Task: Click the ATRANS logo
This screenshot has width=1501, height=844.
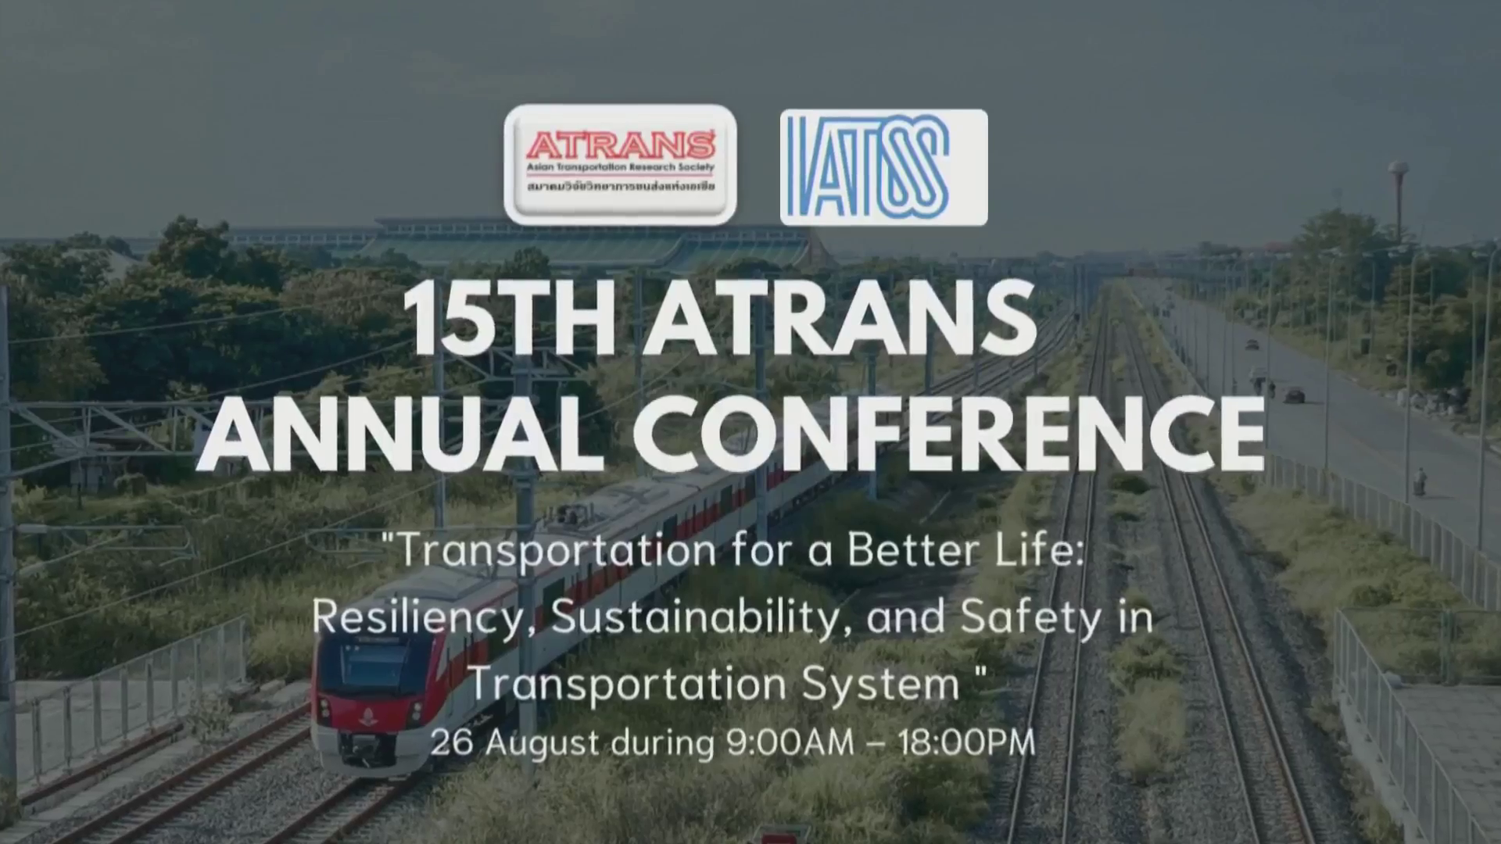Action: [x=620, y=165]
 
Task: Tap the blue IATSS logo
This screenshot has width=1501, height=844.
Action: [x=883, y=167]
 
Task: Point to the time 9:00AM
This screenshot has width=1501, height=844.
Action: [x=790, y=742]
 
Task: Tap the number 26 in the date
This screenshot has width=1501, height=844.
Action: [x=452, y=742]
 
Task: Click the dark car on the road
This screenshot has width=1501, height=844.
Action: [x=1294, y=395]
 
